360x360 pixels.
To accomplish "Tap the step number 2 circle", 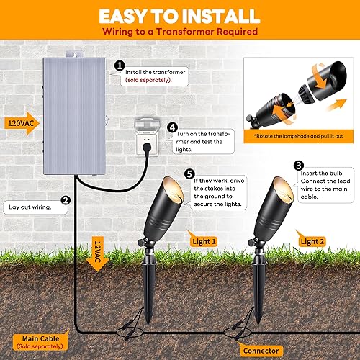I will (65, 201).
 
